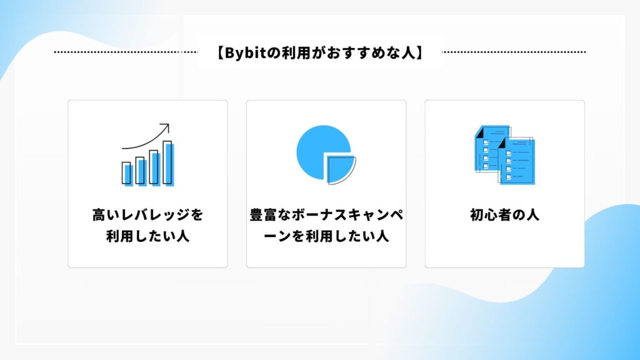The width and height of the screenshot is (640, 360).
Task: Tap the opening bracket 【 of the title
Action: [x=219, y=53]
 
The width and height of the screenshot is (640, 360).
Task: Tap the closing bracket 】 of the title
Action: [x=419, y=53]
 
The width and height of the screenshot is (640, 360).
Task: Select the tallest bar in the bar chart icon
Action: [x=167, y=162]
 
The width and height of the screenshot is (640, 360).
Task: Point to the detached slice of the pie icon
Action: [x=341, y=169]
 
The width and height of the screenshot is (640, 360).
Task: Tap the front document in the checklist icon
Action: [x=516, y=161]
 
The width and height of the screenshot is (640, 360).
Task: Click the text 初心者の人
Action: [x=504, y=215]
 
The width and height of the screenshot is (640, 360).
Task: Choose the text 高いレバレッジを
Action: [x=147, y=215]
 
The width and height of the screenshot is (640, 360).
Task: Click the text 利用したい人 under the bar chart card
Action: [x=147, y=236]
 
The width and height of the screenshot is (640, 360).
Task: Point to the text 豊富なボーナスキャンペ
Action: [x=326, y=215]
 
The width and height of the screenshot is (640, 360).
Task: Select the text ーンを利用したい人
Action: [x=326, y=236]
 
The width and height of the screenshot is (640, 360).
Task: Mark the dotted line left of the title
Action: [x=126, y=52]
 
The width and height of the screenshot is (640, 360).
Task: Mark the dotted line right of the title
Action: [x=514, y=52]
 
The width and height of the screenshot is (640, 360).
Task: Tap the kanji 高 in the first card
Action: [x=99, y=215]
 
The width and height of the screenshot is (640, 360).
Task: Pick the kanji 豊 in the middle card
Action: [x=257, y=215]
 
